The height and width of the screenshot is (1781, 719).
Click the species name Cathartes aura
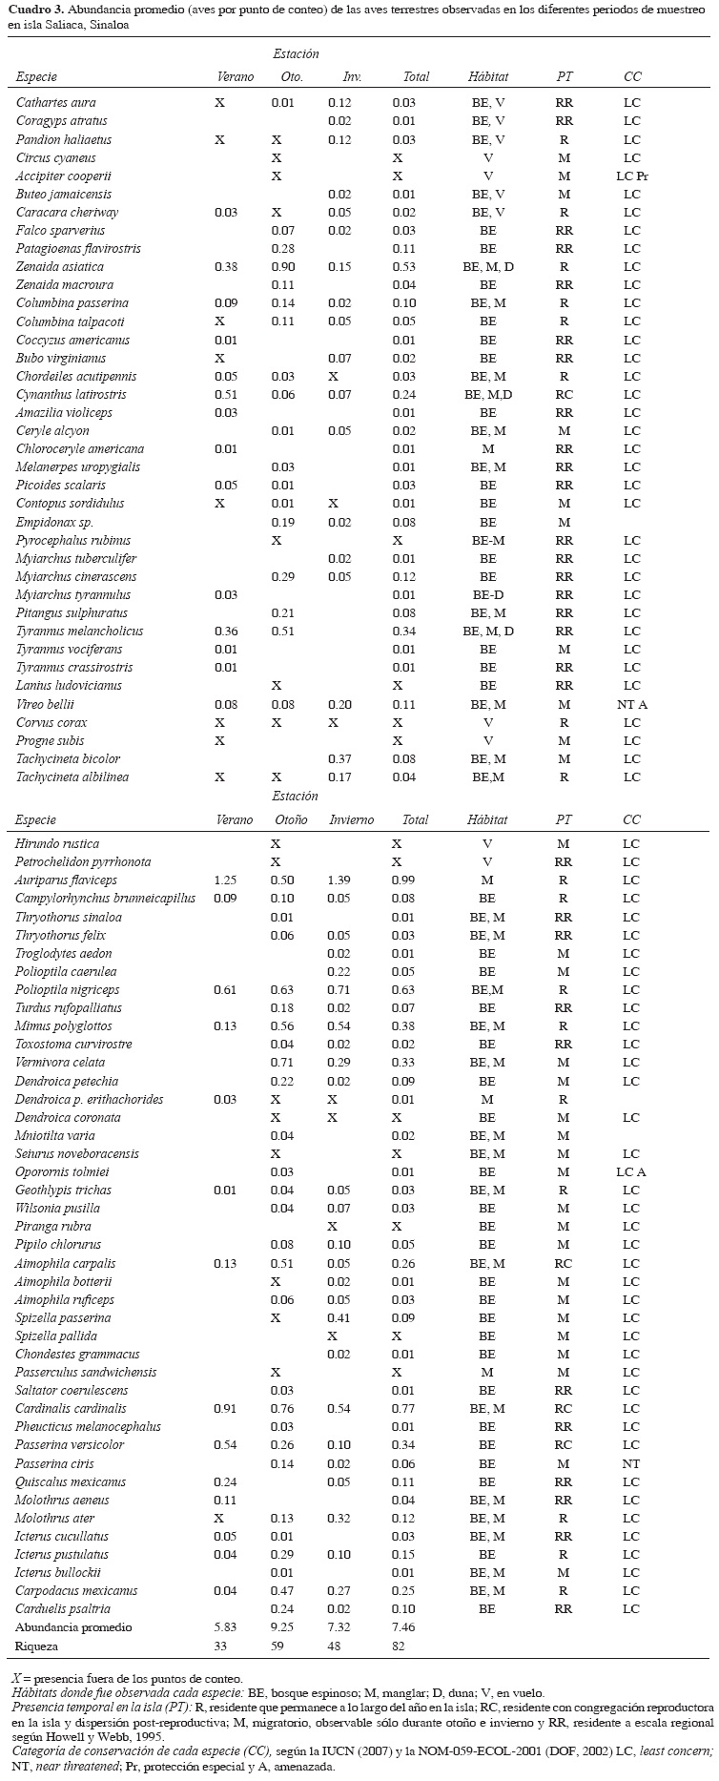click(56, 103)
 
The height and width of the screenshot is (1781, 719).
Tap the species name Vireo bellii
click(44, 705)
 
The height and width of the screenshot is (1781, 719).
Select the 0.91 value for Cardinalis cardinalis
click(226, 1410)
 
